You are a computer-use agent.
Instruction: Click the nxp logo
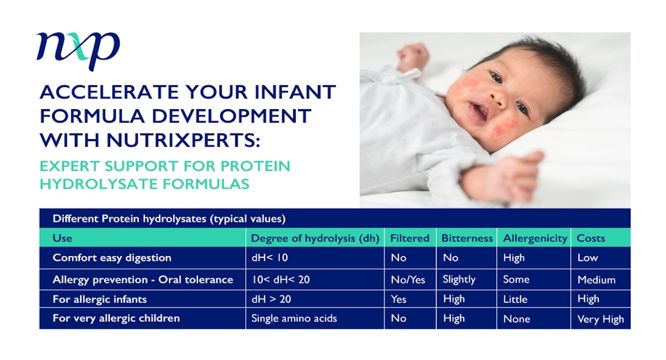coord(78,51)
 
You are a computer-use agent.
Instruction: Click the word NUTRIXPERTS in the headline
coord(183,140)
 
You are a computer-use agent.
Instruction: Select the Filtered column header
coord(410,238)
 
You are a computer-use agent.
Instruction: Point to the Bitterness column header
coord(467,238)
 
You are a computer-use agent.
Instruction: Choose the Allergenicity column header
coord(535,239)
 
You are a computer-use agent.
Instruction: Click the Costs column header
coord(591,238)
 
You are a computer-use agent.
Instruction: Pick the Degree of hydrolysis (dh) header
coord(315,238)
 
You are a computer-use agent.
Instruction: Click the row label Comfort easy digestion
coord(112,258)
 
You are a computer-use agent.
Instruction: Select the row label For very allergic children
coord(116,318)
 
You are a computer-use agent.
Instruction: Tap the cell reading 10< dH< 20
coord(281,280)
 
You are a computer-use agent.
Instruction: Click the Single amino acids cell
coord(294,318)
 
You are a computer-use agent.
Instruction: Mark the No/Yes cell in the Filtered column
coord(408,280)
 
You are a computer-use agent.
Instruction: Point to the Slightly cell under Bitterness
coord(459,280)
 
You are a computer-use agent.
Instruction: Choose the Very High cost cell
coord(601,319)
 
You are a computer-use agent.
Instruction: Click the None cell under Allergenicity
coord(517,319)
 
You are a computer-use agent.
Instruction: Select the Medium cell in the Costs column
coord(596,280)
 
